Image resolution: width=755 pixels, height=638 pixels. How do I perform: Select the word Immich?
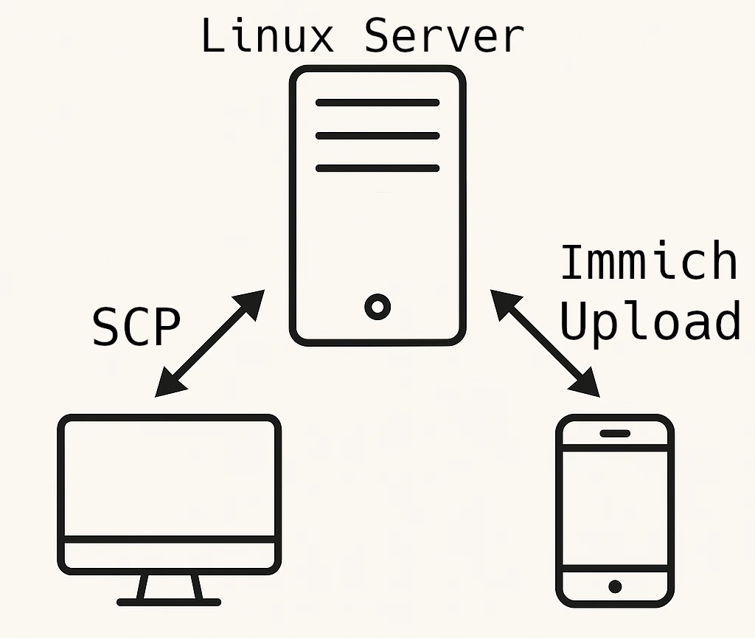[649, 263]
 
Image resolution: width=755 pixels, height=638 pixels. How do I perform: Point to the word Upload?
[650, 321]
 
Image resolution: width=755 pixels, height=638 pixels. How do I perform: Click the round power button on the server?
[377, 306]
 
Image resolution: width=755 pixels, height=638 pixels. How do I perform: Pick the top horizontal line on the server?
[377, 103]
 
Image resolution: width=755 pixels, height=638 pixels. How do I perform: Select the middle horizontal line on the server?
[377, 136]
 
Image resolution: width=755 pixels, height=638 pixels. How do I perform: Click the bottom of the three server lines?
[377, 168]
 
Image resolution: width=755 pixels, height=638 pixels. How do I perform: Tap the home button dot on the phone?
[615, 586]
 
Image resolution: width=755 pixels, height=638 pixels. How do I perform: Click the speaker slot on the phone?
[615, 433]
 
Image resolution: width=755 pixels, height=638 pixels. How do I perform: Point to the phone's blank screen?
[615, 509]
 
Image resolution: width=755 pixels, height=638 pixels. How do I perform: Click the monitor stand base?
[169, 601]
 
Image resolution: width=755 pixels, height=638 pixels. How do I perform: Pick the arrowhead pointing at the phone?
[589, 386]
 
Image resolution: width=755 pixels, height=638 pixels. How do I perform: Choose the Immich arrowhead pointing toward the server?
[501, 300]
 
